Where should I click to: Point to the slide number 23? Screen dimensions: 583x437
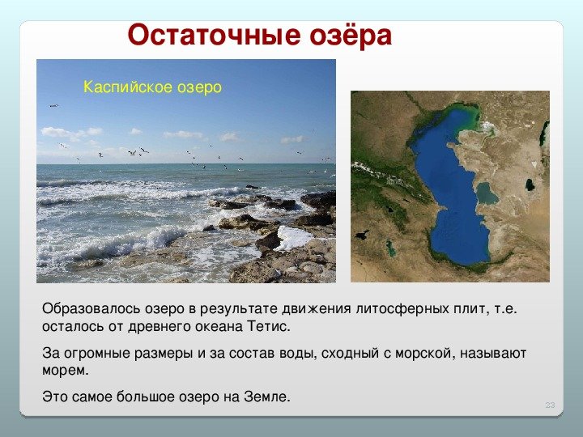point(550,405)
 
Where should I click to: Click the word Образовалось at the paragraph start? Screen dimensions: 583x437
point(91,309)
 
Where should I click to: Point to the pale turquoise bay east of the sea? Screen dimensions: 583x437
point(487,193)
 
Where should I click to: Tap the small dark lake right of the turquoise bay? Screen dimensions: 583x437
point(529,185)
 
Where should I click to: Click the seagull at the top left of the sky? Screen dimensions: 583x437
point(54,106)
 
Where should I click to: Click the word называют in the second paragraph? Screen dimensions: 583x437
point(493,354)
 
